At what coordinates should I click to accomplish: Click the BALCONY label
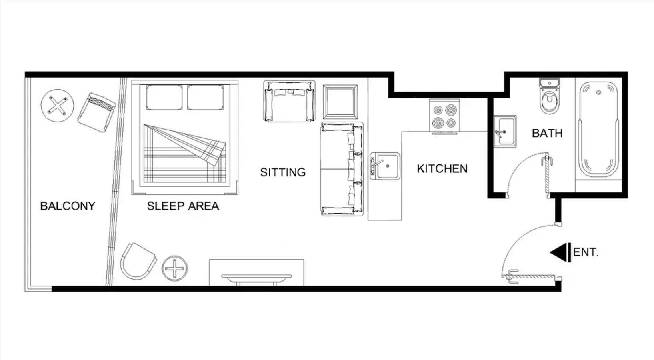[x=68, y=206]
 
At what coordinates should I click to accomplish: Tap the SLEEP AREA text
[x=183, y=206]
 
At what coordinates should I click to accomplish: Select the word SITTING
[x=283, y=172]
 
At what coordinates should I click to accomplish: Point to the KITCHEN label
[x=442, y=169]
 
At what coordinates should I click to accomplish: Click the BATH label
[x=547, y=134]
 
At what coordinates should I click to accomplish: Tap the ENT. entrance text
[x=586, y=252]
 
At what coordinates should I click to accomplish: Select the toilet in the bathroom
[x=550, y=96]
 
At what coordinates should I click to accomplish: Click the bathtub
[x=598, y=129]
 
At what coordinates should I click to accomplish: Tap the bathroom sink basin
[x=505, y=131]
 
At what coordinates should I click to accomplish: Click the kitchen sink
[x=385, y=166]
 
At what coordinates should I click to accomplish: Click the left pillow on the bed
[x=164, y=97]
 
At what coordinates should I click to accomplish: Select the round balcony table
[x=58, y=106]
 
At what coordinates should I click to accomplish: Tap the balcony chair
[x=97, y=112]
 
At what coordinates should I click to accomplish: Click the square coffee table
[x=340, y=102]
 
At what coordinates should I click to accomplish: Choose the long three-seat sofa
[x=342, y=169]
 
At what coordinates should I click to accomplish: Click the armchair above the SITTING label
[x=289, y=101]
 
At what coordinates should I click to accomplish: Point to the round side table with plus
[x=174, y=268]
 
